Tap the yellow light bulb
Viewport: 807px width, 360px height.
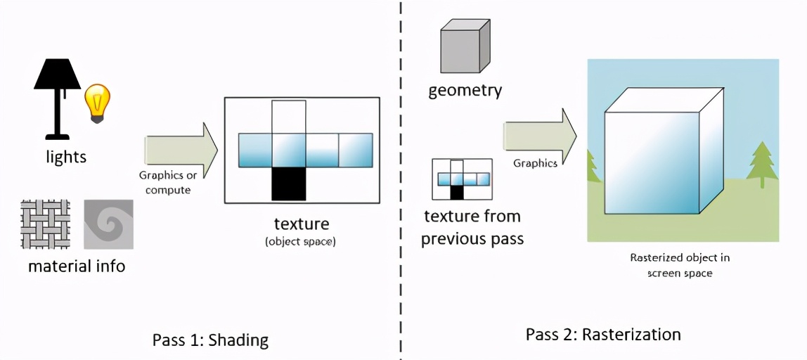pos(98,103)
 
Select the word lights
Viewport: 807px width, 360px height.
pos(66,156)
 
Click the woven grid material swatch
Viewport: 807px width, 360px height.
pos(46,224)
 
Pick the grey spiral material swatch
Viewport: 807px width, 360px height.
pos(108,224)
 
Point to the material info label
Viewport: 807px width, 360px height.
pos(77,266)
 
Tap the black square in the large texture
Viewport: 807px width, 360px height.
pos(288,184)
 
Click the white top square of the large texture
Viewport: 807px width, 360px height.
pos(288,116)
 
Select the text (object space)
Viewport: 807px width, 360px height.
pos(300,242)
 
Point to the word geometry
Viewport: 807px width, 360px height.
pos(465,90)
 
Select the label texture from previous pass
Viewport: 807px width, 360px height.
pos(472,227)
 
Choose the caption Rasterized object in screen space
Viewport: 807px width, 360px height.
pos(679,265)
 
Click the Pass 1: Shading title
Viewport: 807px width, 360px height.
pos(210,340)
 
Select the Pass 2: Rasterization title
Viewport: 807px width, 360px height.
pos(603,334)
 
